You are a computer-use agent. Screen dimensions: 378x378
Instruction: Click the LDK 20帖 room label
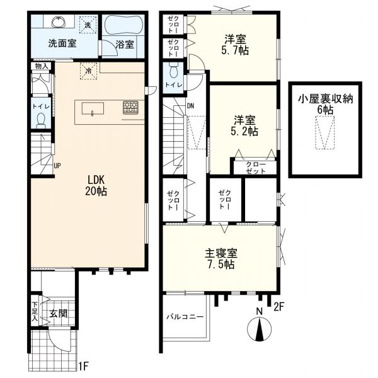click(x=96, y=185)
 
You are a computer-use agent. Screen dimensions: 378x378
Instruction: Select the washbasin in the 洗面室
click(x=59, y=22)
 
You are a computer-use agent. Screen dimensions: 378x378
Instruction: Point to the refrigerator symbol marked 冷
click(x=88, y=71)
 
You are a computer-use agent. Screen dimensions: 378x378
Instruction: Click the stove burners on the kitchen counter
click(x=130, y=108)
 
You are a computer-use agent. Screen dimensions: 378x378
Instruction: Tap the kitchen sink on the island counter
click(x=93, y=108)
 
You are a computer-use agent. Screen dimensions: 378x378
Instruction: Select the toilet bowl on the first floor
click(x=41, y=120)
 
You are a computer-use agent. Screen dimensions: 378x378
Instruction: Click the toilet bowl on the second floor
click(x=173, y=71)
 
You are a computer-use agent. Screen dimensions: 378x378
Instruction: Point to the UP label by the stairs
click(x=57, y=166)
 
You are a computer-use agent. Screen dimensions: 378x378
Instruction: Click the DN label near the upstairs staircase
click(x=191, y=106)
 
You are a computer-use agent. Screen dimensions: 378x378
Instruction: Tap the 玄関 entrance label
click(x=59, y=314)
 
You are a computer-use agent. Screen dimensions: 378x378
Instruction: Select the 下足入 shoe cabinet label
click(x=35, y=311)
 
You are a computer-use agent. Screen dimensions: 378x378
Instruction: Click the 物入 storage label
click(x=42, y=66)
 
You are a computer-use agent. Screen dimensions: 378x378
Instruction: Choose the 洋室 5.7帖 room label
click(x=235, y=45)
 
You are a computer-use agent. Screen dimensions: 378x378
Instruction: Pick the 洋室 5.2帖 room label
click(x=244, y=126)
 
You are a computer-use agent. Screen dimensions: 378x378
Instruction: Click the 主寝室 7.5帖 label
click(x=221, y=259)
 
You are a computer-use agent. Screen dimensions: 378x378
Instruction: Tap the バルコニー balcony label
click(x=185, y=316)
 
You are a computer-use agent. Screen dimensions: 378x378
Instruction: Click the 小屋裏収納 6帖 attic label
click(x=326, y=104)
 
